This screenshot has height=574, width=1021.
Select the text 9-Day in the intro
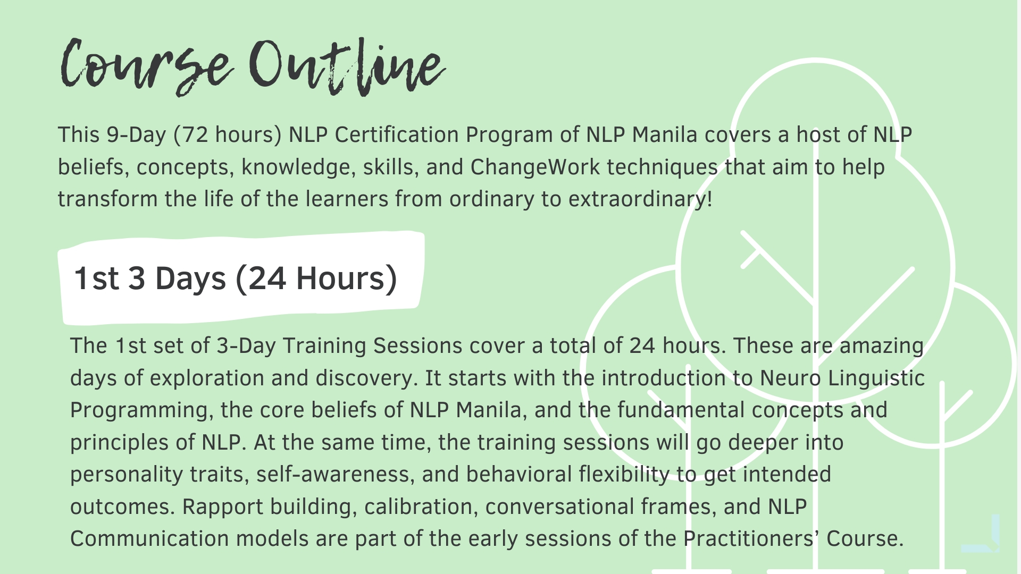coord(137,136)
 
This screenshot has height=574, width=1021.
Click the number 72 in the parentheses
coord(195,135)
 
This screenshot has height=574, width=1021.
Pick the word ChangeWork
coord(535,167)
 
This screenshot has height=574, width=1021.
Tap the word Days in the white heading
coord(190,278)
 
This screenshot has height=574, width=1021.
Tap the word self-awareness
coord(335,475)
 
